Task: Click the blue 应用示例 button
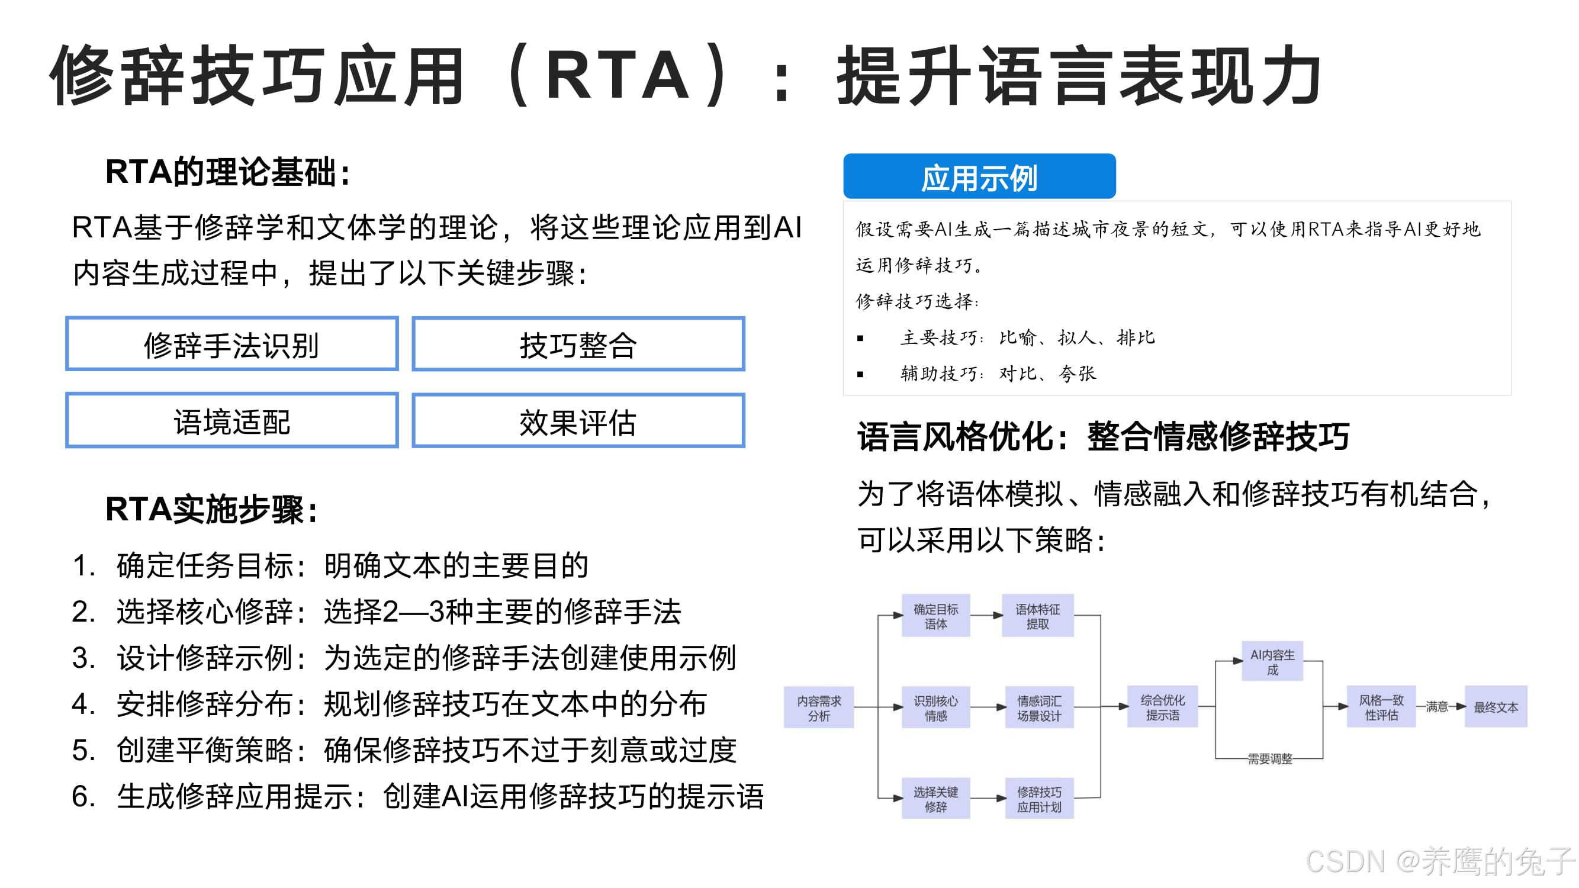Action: click(x=979, y=176)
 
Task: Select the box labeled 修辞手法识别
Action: click(x=231, y=344)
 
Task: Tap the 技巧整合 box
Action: click(x=578, y=344)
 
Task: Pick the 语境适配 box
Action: click(x=231, y=420)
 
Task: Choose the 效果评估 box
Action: click(x=578, y=420)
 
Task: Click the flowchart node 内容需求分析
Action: click(x=819, y=707)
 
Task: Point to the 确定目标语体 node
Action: click(x=935, y=615)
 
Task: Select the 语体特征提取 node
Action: click(x=1037, y=615)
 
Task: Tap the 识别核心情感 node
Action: click(x=935, y=707)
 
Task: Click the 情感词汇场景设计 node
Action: click(x=1039, y=707)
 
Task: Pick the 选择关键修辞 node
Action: click(x=935, y=799)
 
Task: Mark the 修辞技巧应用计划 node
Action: click(x=1039, y=799)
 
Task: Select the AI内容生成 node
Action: click(x=1272, y=661)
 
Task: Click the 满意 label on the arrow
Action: click(x=1436, y=707)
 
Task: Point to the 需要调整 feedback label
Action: click(x=1269, y=759)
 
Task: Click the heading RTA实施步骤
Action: click(x=211, y=509)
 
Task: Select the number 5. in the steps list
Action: click(x=83, y=750)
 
